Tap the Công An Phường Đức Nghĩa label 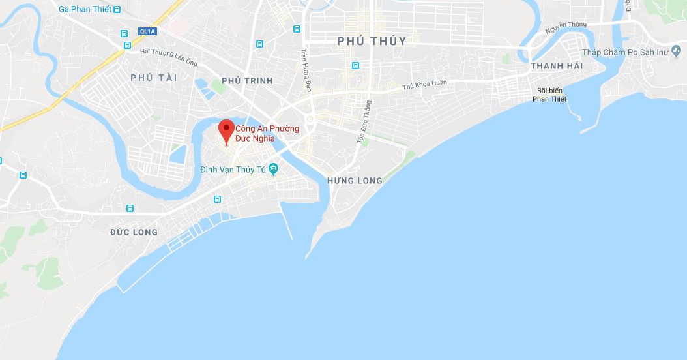point(267,134)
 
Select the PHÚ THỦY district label point(372,41)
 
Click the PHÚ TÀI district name point(154,78)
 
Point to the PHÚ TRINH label point(247,81)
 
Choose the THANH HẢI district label point(557,67)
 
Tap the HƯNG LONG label point(355,181)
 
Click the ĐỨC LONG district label point(134,232)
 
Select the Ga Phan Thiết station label point(85,9)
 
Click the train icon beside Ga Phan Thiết point(117,9)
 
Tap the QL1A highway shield point(147,31)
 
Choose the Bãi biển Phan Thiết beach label point(549,95)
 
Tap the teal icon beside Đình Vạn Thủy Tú point(274,170)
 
